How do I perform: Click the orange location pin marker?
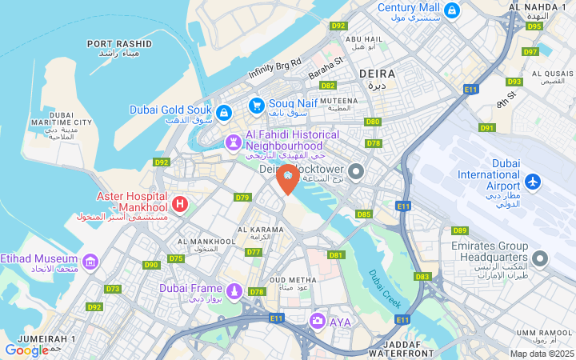pyautogui.click(x=287, y=178)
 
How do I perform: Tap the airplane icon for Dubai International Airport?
pyautogui.click(x=534, y=182)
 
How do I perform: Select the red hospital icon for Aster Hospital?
pyautogui.click(x=179, y=204)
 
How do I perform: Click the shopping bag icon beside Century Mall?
pyautogui.click(x=452, y=10)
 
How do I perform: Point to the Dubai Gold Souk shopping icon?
pyautogui.click(x=223, y=112)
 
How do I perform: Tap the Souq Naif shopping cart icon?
pyautogui.click(x=256, y=105)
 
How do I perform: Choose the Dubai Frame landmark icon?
pyautogui.click(x=234, y=290)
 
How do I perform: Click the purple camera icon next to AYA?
pyautogui.click(x=318, y=321)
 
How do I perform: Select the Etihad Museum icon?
pyautogui.click(x=90, y=262)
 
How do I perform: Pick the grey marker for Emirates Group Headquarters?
pyautogui.click(x=541, y=258)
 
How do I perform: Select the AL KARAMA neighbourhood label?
pyautogui.click(x=261, y=230)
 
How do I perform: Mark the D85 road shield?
pyautogui.click(x=364, y=214)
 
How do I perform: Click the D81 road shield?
pyautogui.click(x=335, y=255)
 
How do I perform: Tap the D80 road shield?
pyautogui.click(x=372, y=122)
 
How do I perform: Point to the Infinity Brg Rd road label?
pyautogui.click(x=274, y=68)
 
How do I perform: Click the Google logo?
pyautogui.click(x=26, y=350)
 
